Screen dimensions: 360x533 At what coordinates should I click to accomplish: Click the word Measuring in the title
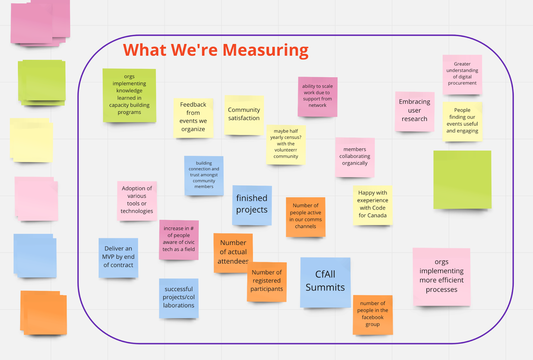(266, 50)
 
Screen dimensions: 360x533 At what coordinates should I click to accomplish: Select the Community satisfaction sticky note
(244, 114)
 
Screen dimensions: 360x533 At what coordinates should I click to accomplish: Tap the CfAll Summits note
(325, 281)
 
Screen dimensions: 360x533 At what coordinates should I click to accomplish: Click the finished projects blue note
(252, 204)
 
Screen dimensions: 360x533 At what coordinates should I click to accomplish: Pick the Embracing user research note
(414, 111)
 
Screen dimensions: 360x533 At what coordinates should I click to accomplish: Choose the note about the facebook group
(372, 314)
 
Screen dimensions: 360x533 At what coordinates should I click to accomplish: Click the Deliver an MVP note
(118, 257)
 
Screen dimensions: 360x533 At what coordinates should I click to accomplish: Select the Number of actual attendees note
(233, 252)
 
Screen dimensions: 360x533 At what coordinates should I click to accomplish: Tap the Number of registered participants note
(266, 281)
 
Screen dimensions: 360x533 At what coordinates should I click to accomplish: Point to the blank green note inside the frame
(462, 180)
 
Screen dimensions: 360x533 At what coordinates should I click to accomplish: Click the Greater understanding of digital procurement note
(462, 74)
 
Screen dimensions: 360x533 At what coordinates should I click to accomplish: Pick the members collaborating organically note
(355, 157)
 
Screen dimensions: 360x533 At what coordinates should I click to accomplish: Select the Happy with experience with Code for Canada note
(372, 204)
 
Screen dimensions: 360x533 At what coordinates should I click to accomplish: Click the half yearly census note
(285, 144)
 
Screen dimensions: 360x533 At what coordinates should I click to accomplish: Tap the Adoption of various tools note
(137, 200)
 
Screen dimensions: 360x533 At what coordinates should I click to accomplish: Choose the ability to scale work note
(317, 96)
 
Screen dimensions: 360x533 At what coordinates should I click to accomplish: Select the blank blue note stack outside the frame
(35, 255)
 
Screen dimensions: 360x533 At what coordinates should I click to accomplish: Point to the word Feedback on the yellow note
(193, 105)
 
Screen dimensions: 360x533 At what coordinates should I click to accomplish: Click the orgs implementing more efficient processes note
(441, 276)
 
